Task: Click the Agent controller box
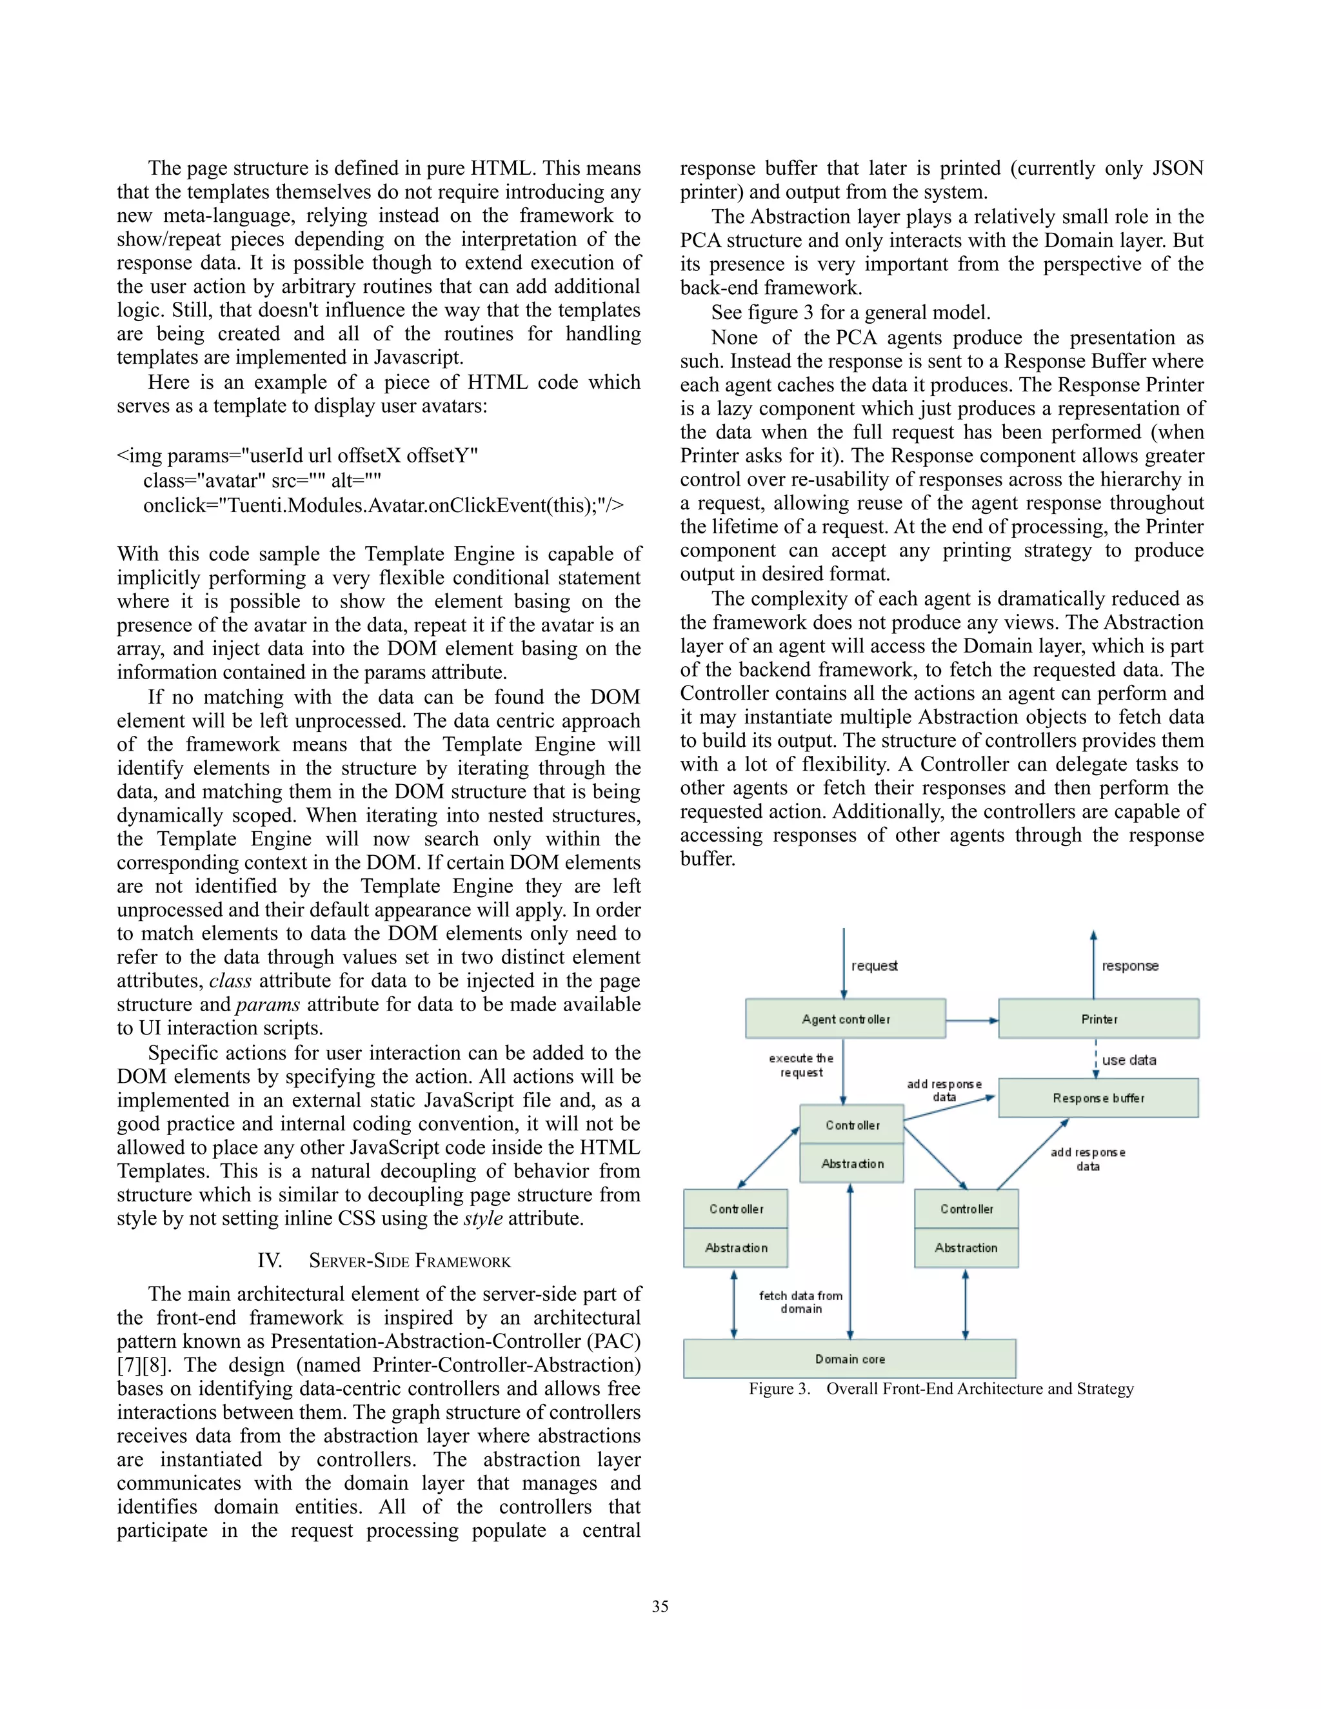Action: (845, 1019)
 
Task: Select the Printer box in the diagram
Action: (1098, 1019)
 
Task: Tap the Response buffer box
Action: (1098, 1098)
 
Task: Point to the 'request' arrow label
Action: (874, 965)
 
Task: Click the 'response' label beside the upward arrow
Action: (1130, 965)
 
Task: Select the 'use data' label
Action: (1129, 1060)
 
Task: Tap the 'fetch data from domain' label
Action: (800, 1302)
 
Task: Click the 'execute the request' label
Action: (800, 1065)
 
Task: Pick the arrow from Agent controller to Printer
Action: (972, 1020)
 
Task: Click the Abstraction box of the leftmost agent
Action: (735, 1248)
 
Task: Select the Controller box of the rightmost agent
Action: (966, 1209)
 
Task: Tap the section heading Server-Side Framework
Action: (410, 1261)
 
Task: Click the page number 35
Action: (660, 1606)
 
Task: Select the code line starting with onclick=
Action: (384, 506)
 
